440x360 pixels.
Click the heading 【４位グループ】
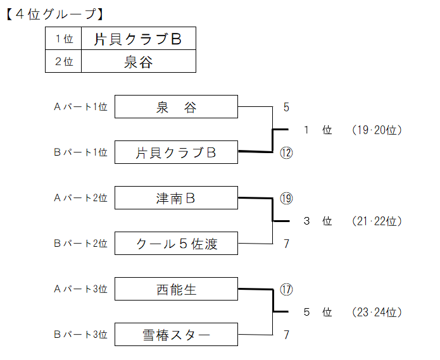pos(55,14)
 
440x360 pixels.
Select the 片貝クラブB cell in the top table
pos(139,39)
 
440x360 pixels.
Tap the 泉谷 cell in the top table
pos(139,61)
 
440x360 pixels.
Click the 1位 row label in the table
pos(63,39)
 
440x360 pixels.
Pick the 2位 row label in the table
pos(63,61)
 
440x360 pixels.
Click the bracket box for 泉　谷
pos(176,106)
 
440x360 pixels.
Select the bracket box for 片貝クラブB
pos(176,152)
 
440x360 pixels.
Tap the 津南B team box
pos(176,197)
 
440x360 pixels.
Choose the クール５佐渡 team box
pos(176,244)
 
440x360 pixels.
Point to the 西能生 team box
pos(176,289)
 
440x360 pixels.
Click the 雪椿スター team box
pos(176,335)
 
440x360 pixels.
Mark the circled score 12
pos(286,153)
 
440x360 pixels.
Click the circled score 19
pos(286,199)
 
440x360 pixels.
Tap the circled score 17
pos(286,290)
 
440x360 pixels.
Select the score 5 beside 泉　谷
pos(286,107)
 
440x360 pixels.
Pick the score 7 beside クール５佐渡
pos(286,244)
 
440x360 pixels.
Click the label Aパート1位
pos(81,107)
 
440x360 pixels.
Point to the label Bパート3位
pos(81,335)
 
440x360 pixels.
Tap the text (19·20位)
pos(377,130)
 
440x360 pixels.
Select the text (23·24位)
pos(377,312)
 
